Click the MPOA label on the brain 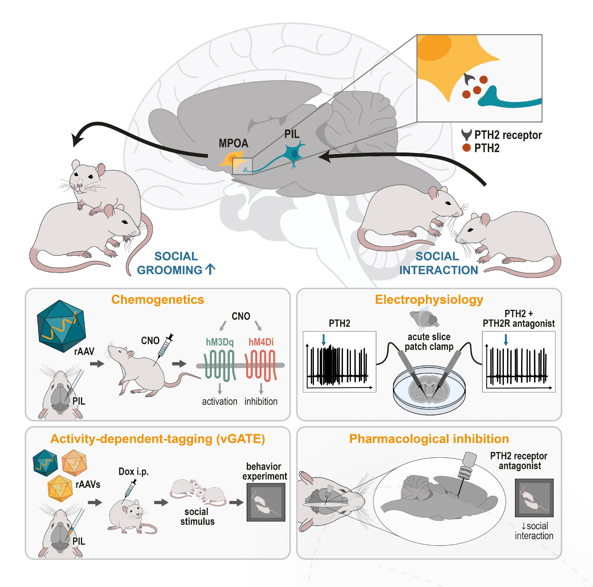click(x=233, y=143)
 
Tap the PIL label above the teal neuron click(x=292, y=134)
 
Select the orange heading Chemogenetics click(x=157, y=299)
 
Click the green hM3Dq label click(x=219, y=342)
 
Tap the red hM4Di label click(x=261, y=342)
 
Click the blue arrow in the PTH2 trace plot click(x=324, y=340)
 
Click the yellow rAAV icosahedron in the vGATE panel click(x=60, y=488)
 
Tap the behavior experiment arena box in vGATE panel click(x=266, y=502)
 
